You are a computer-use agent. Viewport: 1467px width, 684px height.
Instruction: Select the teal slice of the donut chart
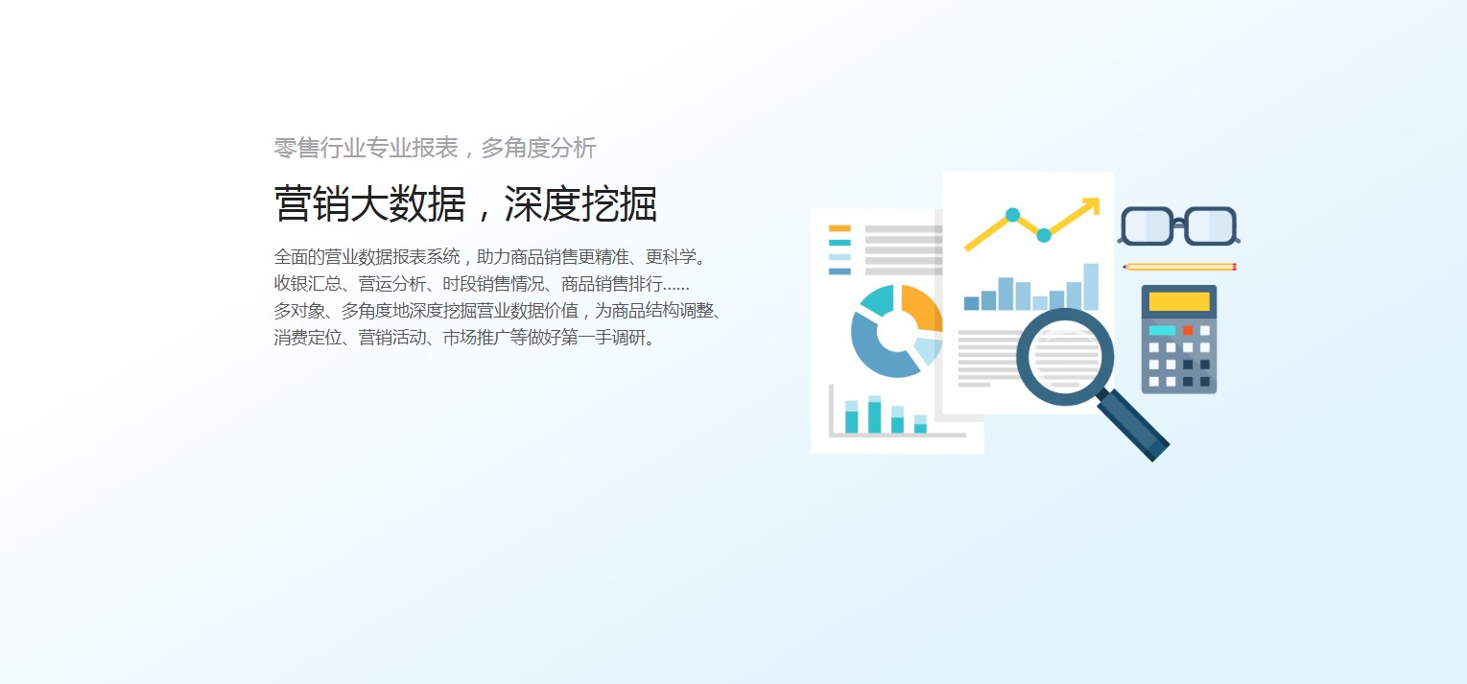tap(877, 299)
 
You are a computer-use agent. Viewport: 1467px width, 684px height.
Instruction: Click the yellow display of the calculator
tap(1179, 301)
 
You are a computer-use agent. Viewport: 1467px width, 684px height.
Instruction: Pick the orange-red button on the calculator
tap(1188, 331)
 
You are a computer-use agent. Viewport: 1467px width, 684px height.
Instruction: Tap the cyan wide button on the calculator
tap(1162, 331)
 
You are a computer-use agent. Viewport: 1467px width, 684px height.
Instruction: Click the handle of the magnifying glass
tap(1133, 425)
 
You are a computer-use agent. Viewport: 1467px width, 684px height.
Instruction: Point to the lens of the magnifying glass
tap(1065, 357)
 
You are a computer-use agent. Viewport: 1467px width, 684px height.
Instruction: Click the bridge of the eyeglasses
tap(1179, 224)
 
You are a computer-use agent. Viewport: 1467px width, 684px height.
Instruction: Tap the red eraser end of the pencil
tap(1235, 267)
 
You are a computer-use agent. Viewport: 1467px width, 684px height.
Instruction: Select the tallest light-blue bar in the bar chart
tap(1091, 287)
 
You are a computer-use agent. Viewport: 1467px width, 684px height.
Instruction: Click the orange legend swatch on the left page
tap(840, 228)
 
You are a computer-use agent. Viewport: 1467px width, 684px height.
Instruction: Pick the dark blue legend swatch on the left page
tap(840, 271)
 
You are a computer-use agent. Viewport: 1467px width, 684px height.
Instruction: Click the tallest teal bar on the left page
tap(874, 414)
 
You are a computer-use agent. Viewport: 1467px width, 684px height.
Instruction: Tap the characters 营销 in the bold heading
tap(313, 203)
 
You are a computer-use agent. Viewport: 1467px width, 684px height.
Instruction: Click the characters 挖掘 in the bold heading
tap(619, 203)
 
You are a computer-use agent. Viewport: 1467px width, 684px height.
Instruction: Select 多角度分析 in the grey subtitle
tap(538, 148)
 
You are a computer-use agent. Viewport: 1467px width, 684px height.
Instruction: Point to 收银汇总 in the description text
tap(308, 284)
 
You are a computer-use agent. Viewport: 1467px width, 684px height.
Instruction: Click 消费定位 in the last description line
tap(308, 338)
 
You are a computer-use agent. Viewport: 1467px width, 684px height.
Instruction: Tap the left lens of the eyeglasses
tap(1147, 225)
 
